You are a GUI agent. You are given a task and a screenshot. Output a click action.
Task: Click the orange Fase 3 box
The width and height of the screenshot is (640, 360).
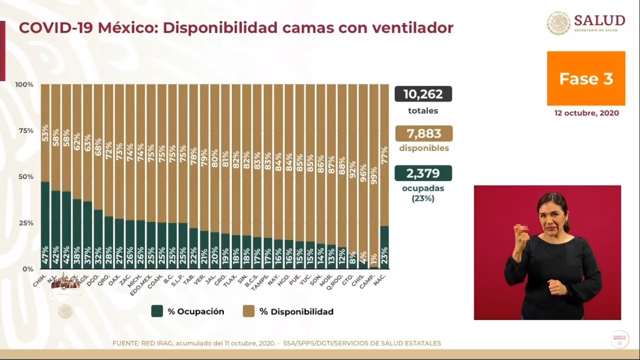[586, 78]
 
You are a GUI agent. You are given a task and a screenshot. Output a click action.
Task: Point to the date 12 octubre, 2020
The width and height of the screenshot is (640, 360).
[586, 113]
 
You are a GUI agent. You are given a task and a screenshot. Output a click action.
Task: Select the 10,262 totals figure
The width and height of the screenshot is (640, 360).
[423, 94]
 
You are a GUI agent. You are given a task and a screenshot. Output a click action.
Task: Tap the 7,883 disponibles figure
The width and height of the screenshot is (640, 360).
[424, 134]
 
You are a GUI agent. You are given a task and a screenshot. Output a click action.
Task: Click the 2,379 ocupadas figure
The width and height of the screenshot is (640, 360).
[423, 173]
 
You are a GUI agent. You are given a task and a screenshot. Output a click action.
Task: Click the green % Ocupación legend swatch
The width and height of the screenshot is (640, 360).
[157, 311]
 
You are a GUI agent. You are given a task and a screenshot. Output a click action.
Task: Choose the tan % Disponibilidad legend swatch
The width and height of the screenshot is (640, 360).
[249, 311]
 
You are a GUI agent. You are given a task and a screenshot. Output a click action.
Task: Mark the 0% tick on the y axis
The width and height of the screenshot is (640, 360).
[28, 269]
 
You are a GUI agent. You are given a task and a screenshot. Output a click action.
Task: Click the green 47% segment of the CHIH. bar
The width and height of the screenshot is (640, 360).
[45, 225]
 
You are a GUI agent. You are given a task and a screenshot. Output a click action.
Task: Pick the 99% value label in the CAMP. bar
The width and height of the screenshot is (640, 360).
[373, 175]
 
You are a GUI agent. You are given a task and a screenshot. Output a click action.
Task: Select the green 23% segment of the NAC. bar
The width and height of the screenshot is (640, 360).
[384, 247]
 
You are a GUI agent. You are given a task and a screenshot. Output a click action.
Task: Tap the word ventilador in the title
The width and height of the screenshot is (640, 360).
[412, 28]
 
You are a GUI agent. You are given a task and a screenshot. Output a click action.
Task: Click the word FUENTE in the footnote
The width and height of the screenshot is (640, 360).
[125, 343]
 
